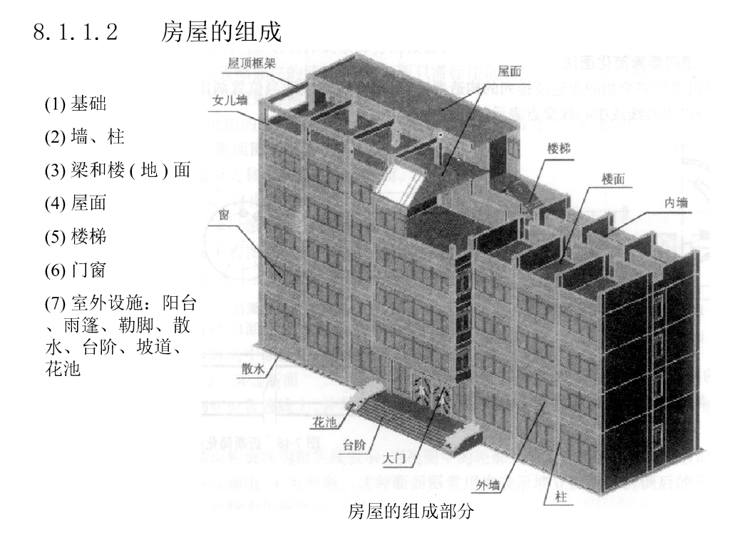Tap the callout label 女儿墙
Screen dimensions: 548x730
pyautogui.click(x=230, y=101)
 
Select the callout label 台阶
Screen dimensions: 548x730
pyautogui.click(x=354, y=446)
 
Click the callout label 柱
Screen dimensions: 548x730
pyautogui.click(x=560, y=497)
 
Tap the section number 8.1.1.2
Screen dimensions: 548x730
pyautogui.click(x=75, y=33)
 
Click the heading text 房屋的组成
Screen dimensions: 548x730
pyautogui.click(x=221, y=32)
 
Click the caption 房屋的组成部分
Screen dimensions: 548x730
pyautogui.click(x=410, y=512)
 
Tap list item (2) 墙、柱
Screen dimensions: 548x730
pyautogui.click(x=84, y=138)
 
